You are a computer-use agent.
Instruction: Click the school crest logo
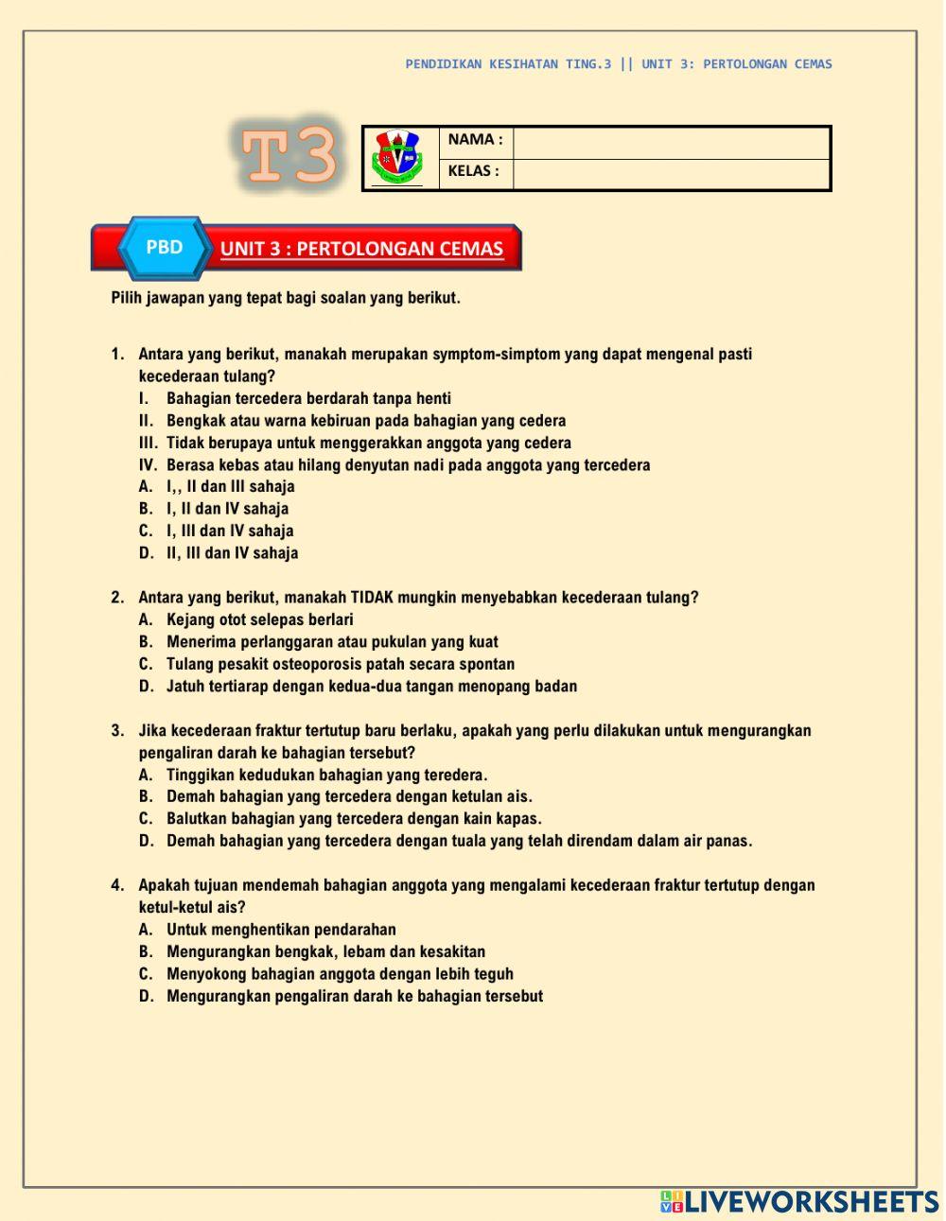click(x=398, y=158)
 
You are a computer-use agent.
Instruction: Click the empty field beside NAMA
click(x=671, y=142)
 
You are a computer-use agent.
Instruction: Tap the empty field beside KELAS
click(x=671, y=174)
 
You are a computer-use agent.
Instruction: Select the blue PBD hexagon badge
click(x=165, y=248)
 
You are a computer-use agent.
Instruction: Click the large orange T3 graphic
click(x=288, y=155)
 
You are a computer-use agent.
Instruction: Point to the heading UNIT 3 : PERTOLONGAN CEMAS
click(x=361, y=250)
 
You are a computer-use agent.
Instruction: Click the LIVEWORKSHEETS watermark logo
click(x=799, y=1201)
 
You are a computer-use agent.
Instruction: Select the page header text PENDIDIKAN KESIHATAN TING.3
click(x=508, y=64)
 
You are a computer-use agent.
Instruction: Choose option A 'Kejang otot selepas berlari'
click(x=259, y=620)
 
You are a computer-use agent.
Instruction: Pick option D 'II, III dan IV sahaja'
click(x=232, y=553)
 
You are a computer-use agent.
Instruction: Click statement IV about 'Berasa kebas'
click(x=408, y=465)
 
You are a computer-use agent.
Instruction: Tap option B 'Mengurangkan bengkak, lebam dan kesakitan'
click(x=325, y=952)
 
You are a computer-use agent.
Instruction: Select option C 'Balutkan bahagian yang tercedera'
click(x=354, y=819)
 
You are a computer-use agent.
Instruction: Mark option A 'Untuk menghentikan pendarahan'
click(x=281, y=930)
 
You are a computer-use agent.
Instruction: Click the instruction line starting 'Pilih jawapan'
click(x=286, y=298)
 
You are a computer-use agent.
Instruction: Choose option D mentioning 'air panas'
click(x=459, y=842)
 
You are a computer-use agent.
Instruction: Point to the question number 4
click(x=117, y=886)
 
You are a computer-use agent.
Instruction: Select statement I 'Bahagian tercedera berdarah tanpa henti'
click(x=308, y=399)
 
